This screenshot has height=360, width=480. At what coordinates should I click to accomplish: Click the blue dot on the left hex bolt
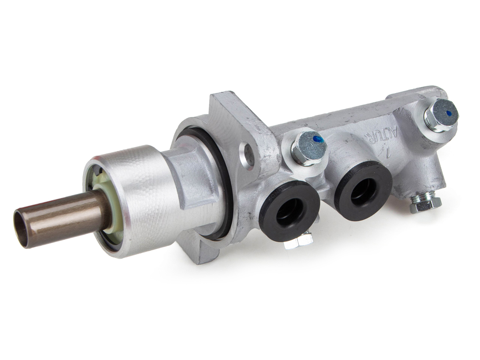(318, 139)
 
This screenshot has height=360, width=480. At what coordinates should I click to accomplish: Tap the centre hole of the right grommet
(362, 191)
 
